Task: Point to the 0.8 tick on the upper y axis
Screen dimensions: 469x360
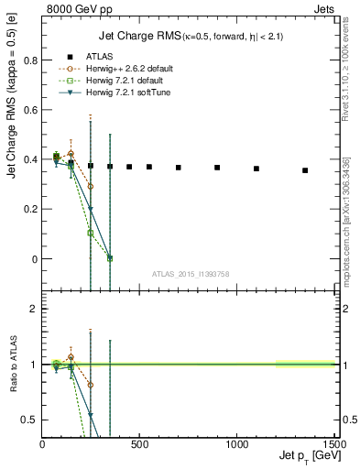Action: (30, 60)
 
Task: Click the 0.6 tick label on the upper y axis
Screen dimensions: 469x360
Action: (30, 110)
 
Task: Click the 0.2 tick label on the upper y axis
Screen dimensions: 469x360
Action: (30, 210)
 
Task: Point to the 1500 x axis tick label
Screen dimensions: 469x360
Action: (333, 446)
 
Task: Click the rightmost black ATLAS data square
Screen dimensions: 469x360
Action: (305, 170)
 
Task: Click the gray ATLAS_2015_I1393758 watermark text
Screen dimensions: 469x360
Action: (190, 273)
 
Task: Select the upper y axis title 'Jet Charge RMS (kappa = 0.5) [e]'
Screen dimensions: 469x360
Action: (13, 147)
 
